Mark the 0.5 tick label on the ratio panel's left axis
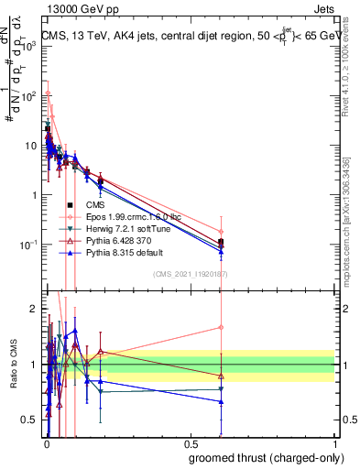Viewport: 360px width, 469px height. (29, 420)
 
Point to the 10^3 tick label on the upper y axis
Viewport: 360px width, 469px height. (27, 46)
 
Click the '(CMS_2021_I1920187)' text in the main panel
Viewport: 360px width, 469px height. (191, 274)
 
